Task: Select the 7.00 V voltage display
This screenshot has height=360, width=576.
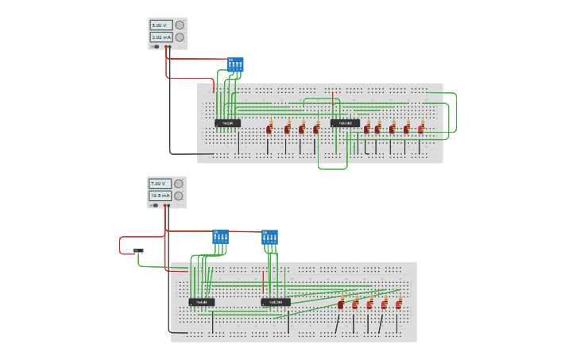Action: (160, 184)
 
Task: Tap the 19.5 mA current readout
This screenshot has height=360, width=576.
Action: (160, 195)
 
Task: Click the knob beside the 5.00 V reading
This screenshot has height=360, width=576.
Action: (180, 25)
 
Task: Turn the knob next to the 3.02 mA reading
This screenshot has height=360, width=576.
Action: (180, 37)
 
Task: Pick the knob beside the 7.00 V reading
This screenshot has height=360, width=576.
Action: (179, 184)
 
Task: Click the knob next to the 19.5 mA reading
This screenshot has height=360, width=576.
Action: (179, 195)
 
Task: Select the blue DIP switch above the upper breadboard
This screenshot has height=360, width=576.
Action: (235, 64)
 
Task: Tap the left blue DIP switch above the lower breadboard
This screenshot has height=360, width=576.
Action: (220, 237)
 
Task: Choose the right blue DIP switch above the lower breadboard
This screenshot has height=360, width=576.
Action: (269, 237)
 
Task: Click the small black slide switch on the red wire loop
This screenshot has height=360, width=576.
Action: (138, 250)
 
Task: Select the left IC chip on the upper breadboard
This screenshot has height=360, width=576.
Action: (227, 123)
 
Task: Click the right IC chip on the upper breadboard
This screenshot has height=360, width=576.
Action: (345, 123)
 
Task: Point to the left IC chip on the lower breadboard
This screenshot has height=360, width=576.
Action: (202, 302)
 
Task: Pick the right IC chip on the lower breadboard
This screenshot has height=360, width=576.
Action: (276, 302)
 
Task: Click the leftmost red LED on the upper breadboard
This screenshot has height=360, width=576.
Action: (269, 128)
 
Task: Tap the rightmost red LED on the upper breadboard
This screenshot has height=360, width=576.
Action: (421, 128)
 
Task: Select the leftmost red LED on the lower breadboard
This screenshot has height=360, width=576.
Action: (341, 304)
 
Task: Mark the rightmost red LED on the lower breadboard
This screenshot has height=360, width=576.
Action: (399, 304)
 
